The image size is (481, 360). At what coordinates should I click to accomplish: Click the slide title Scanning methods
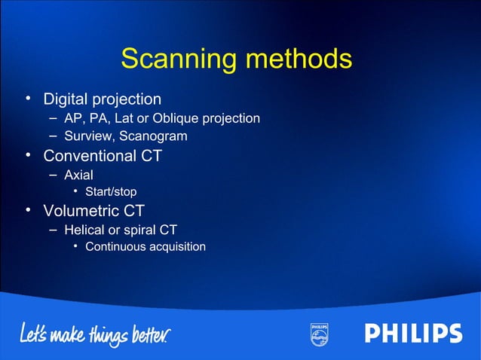pos(236,59)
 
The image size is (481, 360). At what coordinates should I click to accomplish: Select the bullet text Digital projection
pos(102,99)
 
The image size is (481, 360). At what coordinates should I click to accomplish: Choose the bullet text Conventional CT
pos(103,156)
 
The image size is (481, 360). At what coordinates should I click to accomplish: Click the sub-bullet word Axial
pos(78,175)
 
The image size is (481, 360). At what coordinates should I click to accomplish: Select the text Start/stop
pos(111,192)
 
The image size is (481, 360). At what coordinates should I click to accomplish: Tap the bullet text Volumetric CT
pos(93,211)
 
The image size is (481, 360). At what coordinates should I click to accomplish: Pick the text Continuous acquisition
pos(146,247)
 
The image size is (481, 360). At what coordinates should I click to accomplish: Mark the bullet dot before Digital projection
pos(28,98)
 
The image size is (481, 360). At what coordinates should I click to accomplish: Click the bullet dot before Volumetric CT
pos(28,210)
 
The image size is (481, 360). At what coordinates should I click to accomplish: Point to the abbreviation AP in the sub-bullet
pos(72,118)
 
